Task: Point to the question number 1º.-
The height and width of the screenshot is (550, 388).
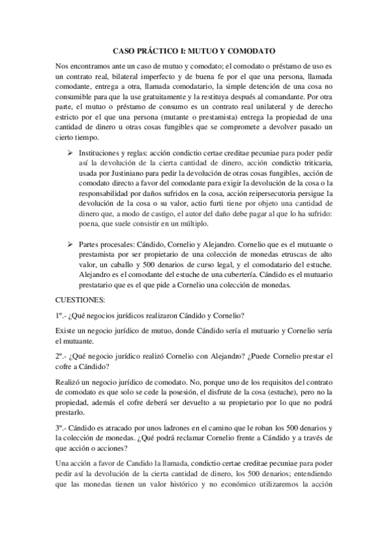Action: tap(62, 315)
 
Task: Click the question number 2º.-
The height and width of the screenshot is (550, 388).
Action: tap(62, 356)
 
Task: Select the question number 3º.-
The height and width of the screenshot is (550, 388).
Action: tap(62, 427)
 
